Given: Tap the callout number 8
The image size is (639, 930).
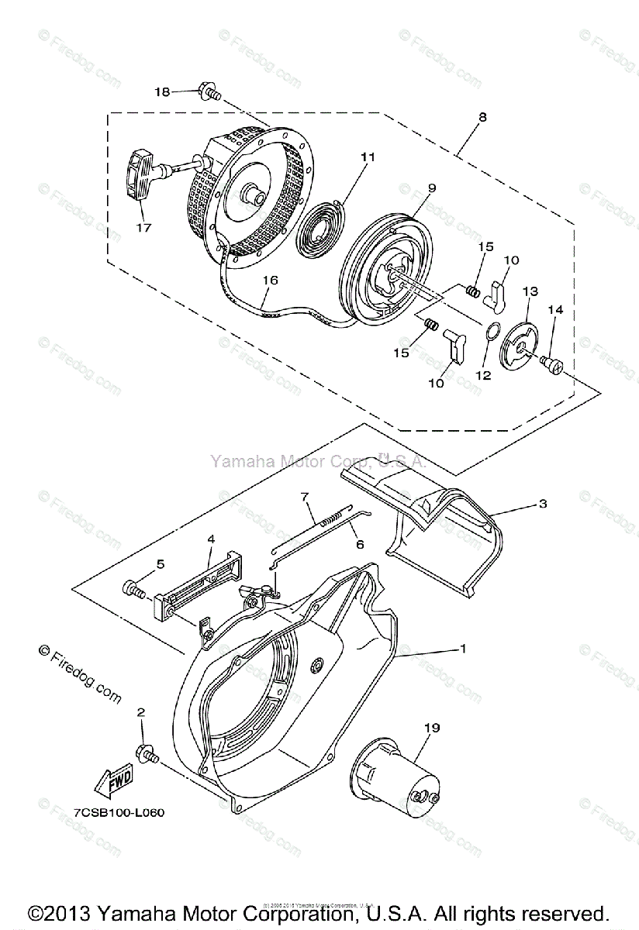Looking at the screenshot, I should (x=482, y=118).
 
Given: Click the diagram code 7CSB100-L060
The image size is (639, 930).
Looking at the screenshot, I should (x=119, y=813).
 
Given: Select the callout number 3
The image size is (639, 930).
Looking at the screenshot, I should (x=543, y=503).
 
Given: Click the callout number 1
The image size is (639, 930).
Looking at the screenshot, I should (x=464, y=648).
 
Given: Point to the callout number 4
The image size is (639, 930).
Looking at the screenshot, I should (x=210, y=537).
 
